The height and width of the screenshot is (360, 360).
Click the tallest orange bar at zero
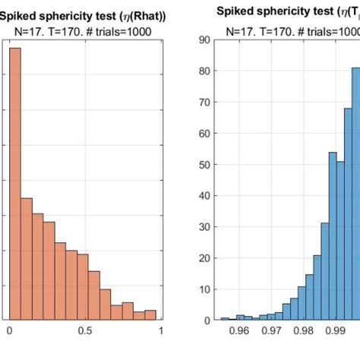[15, 182]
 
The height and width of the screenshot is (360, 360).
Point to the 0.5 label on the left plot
[84, 332]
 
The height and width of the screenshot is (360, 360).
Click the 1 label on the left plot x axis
[161, 332]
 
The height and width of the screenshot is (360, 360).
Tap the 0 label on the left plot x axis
[9, 332]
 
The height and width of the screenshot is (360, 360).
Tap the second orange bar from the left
[26, 259]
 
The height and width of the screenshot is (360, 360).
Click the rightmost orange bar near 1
[150, 315]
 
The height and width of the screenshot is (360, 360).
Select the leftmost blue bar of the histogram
[225, 319]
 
